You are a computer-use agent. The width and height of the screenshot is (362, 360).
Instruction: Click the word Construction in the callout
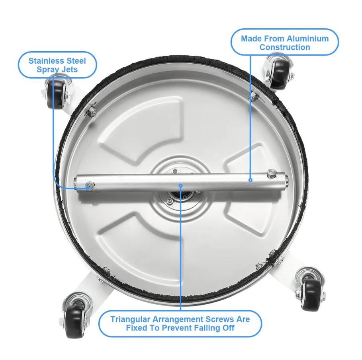285,47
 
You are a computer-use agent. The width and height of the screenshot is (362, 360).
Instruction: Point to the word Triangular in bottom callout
130,319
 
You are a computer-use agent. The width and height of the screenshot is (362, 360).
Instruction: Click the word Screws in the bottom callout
219,319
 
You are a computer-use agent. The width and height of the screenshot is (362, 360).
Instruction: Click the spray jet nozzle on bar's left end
89,185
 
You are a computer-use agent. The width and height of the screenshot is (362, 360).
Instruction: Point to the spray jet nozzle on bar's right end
272,174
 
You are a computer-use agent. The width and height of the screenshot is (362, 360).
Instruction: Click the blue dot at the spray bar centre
180,185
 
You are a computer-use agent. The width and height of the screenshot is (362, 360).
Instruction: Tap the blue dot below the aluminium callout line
250,180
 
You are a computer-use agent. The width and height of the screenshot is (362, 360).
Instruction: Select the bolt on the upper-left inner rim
92,110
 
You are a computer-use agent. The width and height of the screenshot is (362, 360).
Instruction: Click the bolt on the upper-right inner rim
254,96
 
